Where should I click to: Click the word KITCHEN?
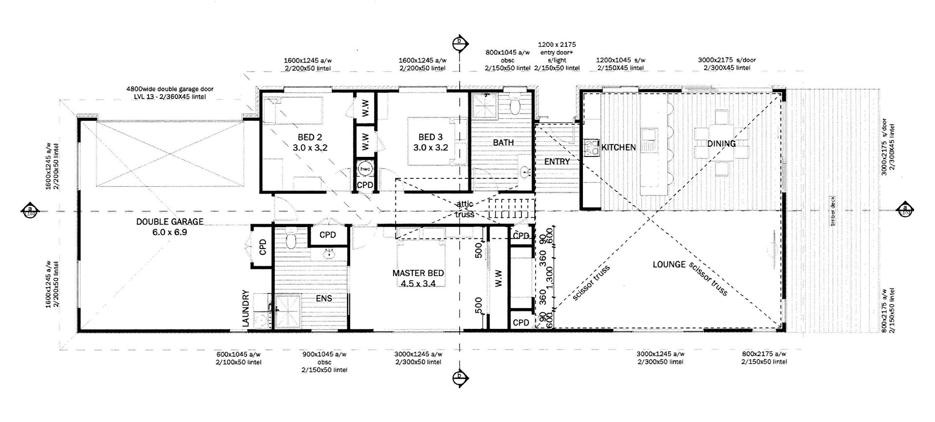(618, 147)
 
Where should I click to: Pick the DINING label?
(721, 143)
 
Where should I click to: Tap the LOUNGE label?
(669, 264)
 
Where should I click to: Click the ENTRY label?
(557, 161)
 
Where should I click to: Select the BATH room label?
(503, 143)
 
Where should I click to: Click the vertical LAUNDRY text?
(245, 309)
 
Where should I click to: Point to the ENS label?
(324, 298)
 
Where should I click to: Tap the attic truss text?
(464, 209)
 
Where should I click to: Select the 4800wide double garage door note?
(170, 93)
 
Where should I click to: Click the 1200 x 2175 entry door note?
(557, 56)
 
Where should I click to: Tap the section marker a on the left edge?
(29, 211)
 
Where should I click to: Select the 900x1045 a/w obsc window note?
(324, 362)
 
